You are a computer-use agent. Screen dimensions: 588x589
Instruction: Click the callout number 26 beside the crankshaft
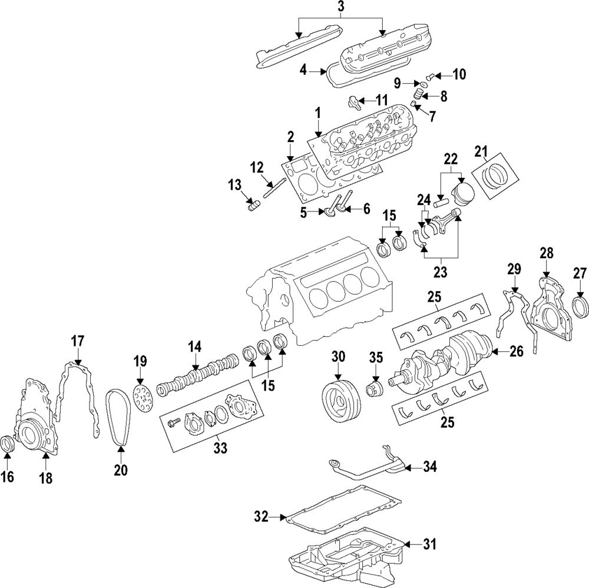pyautogui.click(x=516, y=352)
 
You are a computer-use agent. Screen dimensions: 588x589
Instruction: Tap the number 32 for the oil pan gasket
pyautogui.click(x=261, y=517)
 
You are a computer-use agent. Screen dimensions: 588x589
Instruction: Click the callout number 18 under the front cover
pyautogui.click(x=45, y=478)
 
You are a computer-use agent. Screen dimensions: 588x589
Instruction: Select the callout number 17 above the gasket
pyautogui.click(x=78, y=341)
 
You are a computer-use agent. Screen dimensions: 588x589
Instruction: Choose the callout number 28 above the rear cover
pyautogui.click(x=547, y=254)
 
